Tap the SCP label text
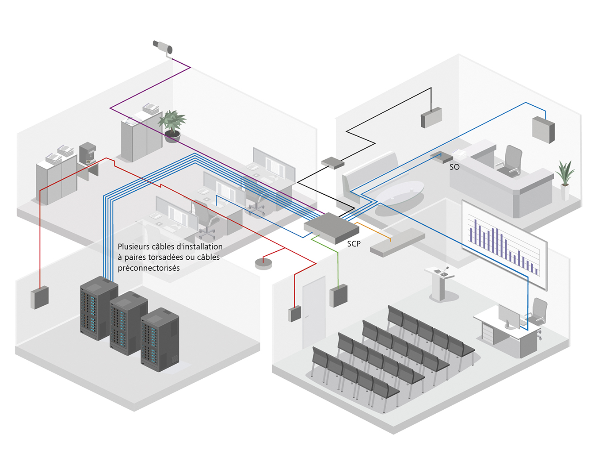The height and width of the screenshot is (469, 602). coord(354,244)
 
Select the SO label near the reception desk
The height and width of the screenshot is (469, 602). coord(454,167)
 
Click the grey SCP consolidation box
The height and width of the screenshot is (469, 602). coord(331,227)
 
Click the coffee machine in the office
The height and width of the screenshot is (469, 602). coord(88,153)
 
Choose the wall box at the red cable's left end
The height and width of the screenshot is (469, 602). coord(39,297)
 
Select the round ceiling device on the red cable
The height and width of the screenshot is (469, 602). coord(263,264)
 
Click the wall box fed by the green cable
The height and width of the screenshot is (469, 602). coord(339,296)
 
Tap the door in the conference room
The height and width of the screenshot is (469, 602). coord(314,312)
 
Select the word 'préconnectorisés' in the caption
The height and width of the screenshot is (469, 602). coord(149,268)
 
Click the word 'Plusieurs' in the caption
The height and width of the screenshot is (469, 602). coord(133,246)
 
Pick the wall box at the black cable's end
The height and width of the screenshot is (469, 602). coord(431,117)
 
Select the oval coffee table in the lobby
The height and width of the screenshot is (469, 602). coord(400,193)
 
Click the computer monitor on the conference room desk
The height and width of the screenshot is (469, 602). coord(509,316)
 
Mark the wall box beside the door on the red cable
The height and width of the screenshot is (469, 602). coord(294,314)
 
